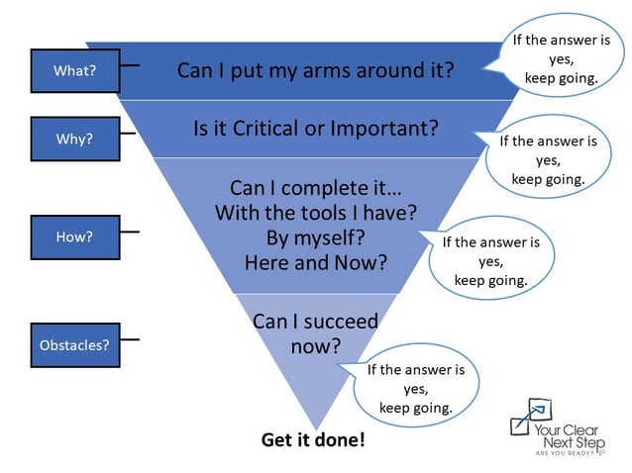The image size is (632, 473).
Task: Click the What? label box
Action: point(74,70)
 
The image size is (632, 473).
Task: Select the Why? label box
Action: point(74,139)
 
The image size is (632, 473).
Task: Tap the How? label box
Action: point(74,237)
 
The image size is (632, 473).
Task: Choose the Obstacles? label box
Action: point(74,345)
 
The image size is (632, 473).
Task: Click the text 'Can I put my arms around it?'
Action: point(315,70)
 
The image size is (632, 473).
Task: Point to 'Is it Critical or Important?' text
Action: point(315,129)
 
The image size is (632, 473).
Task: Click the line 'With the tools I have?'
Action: point(315,212)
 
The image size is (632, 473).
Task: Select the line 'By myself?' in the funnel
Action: point(315,237)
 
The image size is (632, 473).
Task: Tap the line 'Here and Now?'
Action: point(315,262)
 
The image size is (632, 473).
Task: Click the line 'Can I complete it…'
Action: point(315,187)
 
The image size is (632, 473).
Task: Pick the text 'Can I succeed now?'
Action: point(315,333)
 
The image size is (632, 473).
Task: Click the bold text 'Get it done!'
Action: point(313,438)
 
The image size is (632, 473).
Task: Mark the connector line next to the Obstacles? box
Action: point(130,340)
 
